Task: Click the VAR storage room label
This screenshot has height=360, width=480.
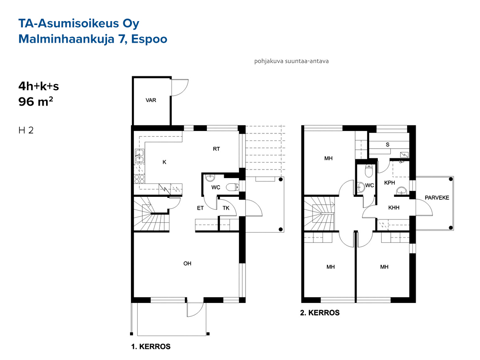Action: point(151,100)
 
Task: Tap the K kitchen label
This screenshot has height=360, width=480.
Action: point(164,162)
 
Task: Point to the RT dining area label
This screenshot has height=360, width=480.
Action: point(216,149)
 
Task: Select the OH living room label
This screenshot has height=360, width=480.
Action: point(187,263)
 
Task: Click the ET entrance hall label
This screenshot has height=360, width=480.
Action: point(200,208)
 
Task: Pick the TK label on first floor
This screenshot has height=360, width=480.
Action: point(226,208)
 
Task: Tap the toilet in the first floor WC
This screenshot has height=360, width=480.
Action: point(233,187)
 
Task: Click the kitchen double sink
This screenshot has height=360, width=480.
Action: point(140,156)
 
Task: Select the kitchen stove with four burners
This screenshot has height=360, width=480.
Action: point(140,179)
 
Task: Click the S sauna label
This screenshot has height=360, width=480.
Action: point(387,144)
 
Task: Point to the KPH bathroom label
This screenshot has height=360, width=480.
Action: point(389,183)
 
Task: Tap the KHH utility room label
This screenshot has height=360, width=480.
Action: point(394,207)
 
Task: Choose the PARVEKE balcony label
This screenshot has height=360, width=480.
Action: point(437,198)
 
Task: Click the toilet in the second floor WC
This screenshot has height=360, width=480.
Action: point(369,170)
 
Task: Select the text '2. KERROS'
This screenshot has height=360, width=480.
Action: point(320,312)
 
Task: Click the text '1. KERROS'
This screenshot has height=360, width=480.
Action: point(151,347)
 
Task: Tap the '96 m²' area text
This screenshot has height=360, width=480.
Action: point(36,101)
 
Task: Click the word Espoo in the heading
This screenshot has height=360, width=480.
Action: point(149,39)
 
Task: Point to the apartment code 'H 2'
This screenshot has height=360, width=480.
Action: point(26,131)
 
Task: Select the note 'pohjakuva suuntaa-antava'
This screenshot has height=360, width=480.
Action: point(291,61)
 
